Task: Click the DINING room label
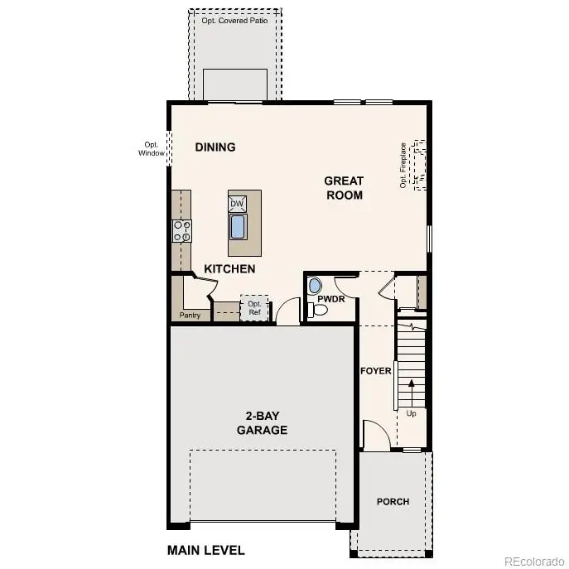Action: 215,147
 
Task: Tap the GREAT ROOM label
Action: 344,188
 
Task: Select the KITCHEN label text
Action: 229,269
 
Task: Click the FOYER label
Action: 375,371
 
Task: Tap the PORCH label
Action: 393,501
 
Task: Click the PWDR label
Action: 330,299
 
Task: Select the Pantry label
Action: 190,316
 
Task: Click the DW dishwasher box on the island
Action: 238,204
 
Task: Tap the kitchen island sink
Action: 238,227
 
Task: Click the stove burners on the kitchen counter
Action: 181,230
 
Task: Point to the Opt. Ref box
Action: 254,308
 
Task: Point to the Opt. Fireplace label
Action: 403,165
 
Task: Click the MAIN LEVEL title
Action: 205,550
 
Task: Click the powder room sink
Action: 312,286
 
